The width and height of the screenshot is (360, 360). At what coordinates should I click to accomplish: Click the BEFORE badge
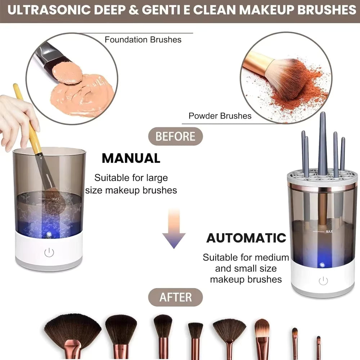pyautogui.click(x=175, y=136)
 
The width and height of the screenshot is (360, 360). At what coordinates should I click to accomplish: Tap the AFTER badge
pyautogui.click(x=176, y=297)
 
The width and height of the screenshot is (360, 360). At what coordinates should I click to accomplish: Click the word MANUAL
pyautogui.click(x=131, y=158)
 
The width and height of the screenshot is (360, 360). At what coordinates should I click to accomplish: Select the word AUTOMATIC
pyautogui.click(x=246, y=238)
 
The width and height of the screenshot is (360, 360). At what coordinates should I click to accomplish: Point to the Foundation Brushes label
pyautogui.click(x=143, y=39)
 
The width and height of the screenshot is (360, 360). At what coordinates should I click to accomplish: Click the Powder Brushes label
pyautogui.click(x=220, y=116)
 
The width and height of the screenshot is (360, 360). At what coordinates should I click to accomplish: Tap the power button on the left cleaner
pyautogui.click(x=49, y=253)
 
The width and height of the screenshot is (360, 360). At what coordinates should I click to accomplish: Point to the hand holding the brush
pyautogui.click(x=16, y=119)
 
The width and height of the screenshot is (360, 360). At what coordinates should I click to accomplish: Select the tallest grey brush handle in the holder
pyautogui.click(x=322, y=144)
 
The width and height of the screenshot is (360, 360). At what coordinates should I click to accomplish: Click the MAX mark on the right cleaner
pyautogui.click(x=329, y=231)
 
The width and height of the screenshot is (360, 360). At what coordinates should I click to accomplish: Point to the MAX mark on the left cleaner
pyautogui.click(x=55, y=198)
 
